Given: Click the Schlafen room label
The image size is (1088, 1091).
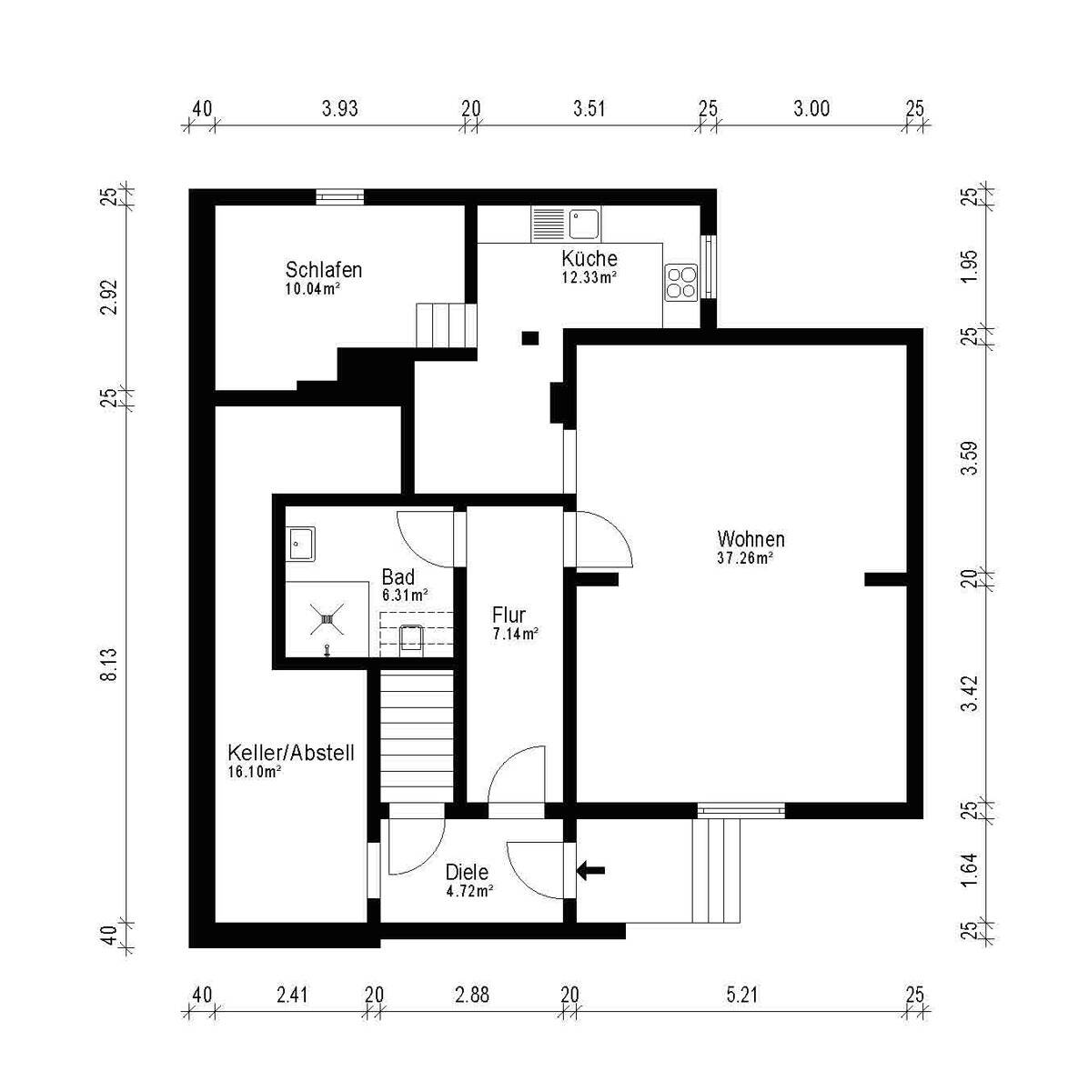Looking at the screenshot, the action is pos(324,269).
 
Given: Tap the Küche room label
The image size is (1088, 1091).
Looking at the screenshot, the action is pos(589,259).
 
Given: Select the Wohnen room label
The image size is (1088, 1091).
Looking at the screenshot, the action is pos(751,538).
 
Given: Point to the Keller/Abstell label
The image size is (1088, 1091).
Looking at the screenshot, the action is pos(291,753).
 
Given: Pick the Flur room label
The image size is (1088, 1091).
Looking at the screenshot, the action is pos(509,615).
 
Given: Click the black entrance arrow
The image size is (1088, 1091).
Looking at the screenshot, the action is pos(590,870).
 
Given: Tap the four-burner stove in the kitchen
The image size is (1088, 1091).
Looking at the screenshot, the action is pos(681,283).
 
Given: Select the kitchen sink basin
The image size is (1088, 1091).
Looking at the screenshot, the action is pos(584,224).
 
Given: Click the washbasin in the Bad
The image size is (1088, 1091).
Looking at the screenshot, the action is pos(301,544).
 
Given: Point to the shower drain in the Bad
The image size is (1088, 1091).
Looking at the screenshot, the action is pos(327,619).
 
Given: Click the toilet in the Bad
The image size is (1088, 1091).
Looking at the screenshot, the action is pos(410,638).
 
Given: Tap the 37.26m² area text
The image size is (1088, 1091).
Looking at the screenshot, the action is pos(746,558).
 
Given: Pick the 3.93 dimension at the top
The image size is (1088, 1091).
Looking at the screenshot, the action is pos(340,108).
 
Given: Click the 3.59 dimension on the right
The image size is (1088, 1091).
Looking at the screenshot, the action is pos(971,458).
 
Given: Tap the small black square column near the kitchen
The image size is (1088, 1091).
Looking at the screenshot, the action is pos(530,338).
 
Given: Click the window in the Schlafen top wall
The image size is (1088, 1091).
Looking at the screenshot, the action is pos(340,196).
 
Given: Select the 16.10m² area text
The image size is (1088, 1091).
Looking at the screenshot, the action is pos(255,772).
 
